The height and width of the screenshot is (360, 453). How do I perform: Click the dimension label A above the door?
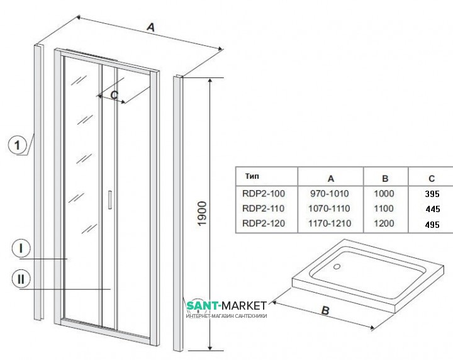pos(150,27)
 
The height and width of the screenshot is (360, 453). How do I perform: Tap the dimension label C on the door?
pos(114,94)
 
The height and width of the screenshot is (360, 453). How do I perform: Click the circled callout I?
pos(21,249)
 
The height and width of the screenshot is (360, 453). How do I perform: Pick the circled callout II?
pos(21,276)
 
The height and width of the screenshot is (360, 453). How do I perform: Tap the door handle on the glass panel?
pos(110,198)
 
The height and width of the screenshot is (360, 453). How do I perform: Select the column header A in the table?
pos(331,177)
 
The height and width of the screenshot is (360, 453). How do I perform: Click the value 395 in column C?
pos(432,194)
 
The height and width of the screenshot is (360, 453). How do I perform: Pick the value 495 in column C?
pos(432,224)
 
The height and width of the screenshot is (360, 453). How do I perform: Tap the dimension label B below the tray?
pos(325,310)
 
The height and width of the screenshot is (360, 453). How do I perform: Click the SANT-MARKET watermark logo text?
pos(226,306)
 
